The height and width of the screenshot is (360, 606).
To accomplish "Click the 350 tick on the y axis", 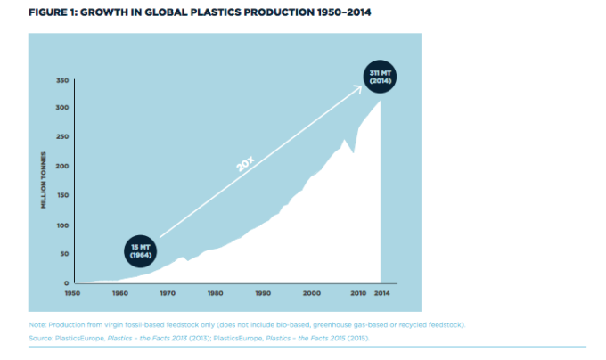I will point(61,80).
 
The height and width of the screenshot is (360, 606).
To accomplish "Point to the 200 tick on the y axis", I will point(61,167).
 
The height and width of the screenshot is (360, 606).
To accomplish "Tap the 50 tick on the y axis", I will point(63,254).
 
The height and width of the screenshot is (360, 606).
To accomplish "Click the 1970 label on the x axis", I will point(167,292).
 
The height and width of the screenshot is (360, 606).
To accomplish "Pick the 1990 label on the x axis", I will point(263,292).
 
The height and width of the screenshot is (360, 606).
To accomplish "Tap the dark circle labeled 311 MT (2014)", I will point(380,77).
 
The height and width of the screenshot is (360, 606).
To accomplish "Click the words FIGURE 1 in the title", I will point(53,13).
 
